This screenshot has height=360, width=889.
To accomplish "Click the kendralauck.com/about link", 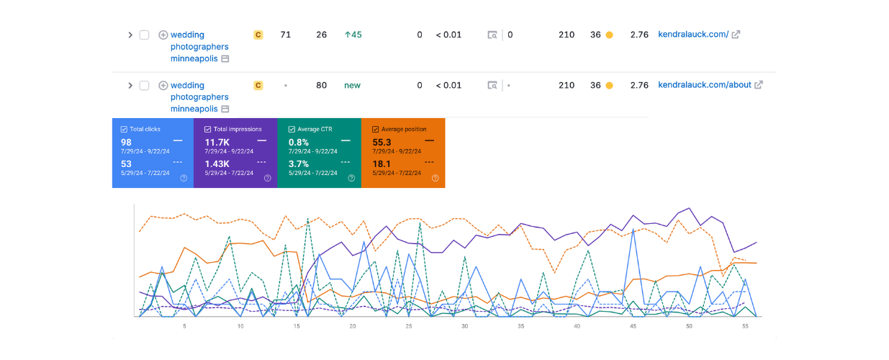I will tap(704, 85).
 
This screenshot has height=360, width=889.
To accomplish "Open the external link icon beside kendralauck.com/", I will tap(736, 35).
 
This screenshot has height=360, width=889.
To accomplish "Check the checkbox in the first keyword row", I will tap(144, 35).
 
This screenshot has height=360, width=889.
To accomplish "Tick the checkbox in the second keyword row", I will tap(144, 85).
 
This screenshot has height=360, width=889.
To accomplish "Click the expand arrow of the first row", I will tap(130, 35).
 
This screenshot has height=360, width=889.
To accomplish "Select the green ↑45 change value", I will tap(353, 35).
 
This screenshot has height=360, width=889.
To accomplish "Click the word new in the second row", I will tap(352, 85).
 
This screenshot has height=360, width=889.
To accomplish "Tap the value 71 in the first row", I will tap(285, 35).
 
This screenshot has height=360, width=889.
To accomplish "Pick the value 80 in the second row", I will tap(321, 85).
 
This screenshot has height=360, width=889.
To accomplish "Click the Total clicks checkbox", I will tap(125, 129).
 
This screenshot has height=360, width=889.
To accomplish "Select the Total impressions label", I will tap(238, 129).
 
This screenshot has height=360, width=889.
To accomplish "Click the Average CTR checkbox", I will tap(292, 129).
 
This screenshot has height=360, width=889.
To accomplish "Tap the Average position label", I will tap(404, 129).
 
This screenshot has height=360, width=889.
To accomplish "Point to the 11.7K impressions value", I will tap(217, 142).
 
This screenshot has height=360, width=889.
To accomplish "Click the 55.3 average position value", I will tap(382, 142).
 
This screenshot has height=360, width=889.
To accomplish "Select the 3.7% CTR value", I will tap(299, 163).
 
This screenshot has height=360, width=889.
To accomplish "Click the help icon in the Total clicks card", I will tap(184, 178).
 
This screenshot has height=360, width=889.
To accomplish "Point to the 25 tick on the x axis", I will tap(408, 326).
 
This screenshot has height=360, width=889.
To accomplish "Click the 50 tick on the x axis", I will tap(689, 326).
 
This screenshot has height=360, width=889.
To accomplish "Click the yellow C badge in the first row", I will tap(258, 35).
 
